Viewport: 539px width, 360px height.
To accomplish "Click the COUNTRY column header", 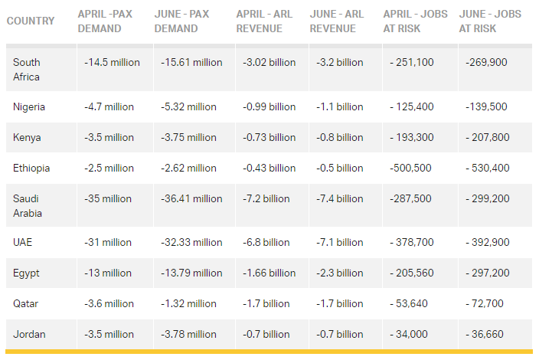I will coord(31,21).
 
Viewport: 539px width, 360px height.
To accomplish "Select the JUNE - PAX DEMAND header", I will coord(182,21).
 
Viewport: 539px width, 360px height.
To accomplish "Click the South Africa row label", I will coord(27,70).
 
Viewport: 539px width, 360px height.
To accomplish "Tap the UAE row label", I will coord(23,242).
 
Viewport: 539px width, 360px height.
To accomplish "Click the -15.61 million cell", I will coord(191,63).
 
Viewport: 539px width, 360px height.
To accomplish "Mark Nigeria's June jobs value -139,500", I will coord(485,106).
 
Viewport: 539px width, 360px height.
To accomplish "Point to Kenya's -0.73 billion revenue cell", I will coord(266,137).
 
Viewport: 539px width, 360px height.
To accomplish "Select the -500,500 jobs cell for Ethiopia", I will coord(413,168).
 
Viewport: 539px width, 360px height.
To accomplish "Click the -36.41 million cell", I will coord(191,198).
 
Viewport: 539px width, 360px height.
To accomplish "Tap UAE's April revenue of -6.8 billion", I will coord(263,242).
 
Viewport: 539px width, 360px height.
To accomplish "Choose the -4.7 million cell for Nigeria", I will coord(109,106).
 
